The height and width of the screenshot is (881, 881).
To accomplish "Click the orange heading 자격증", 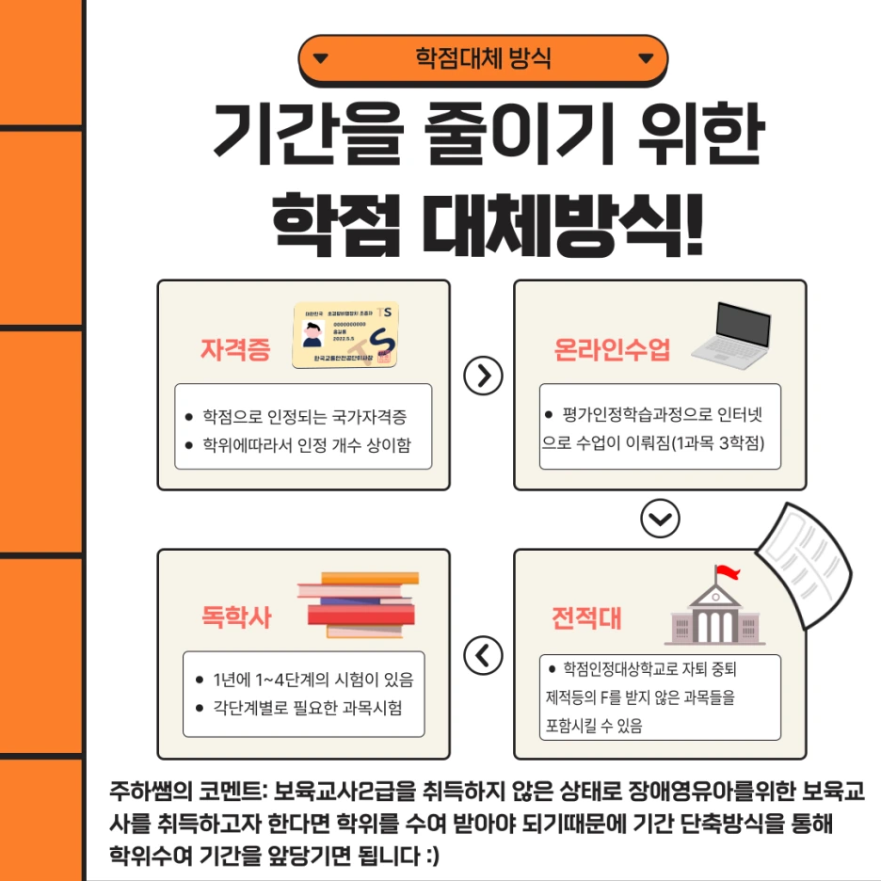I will (235, 350).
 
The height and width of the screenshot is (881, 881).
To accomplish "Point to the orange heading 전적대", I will (585, 617).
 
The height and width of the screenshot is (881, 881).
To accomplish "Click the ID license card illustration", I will (345, 336).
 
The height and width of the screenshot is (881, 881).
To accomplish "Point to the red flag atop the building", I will (727, 572).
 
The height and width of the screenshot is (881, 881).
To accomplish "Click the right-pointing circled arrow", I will (484, 376).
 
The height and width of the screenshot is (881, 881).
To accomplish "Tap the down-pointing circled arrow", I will (659, 519).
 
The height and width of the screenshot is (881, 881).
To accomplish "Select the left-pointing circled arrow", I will (484, 654).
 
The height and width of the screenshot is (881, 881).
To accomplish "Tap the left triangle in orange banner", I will (321, 59).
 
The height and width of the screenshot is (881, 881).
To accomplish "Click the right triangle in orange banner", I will (646, 59).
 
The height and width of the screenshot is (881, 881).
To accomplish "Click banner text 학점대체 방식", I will (483, 59).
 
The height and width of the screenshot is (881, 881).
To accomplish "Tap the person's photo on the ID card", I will (314, 334).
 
